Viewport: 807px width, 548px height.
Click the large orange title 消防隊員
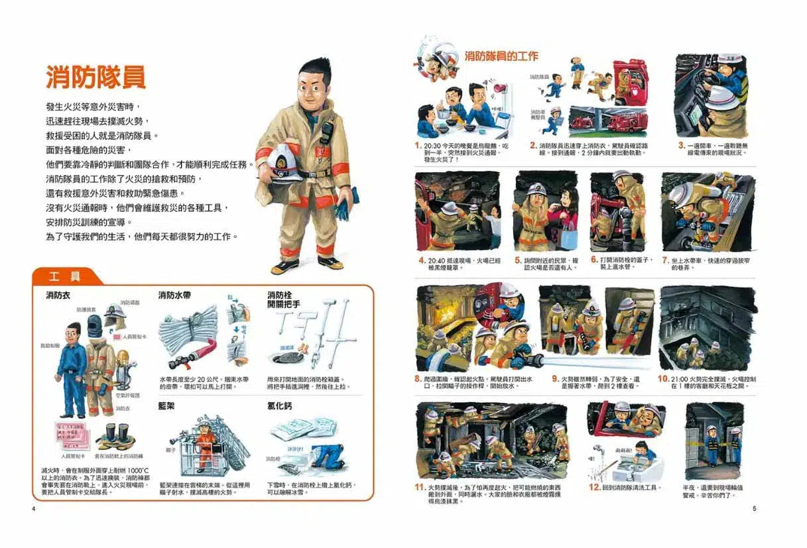click(x=95, y=77)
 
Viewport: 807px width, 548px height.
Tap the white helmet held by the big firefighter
click(x=286, y=161)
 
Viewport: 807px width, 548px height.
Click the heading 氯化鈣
click(x=280, y=405)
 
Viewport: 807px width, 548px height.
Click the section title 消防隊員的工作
click(x=501, y=56)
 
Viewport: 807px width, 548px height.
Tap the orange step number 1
click(x=418, y=144)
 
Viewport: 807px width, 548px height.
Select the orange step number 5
click(x=518, y=260)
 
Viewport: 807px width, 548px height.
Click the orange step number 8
click(x=418, y=379)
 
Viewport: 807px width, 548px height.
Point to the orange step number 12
click(x=595, y=487)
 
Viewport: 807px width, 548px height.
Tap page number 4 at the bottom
click(x=33, y=509)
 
